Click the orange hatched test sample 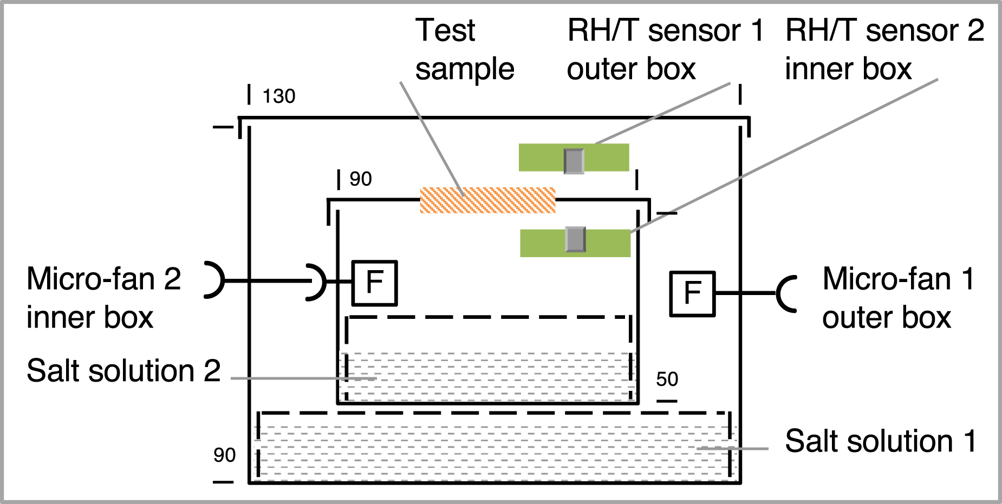487,200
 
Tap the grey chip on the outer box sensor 574,161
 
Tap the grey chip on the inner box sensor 575,239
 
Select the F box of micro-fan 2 375,283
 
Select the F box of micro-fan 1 692,294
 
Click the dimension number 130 278,96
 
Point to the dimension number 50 667,379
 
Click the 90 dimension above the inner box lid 360,179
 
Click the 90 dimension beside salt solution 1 224,455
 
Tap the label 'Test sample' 464,49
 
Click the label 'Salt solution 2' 123,371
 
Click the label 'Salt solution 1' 881,441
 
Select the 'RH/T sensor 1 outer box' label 665,49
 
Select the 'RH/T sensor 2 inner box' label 884,49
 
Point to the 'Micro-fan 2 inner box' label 103,298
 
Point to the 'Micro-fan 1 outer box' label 897,298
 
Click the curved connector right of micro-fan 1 785,294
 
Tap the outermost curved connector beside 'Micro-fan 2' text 215,280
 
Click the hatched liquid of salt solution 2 487,376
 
